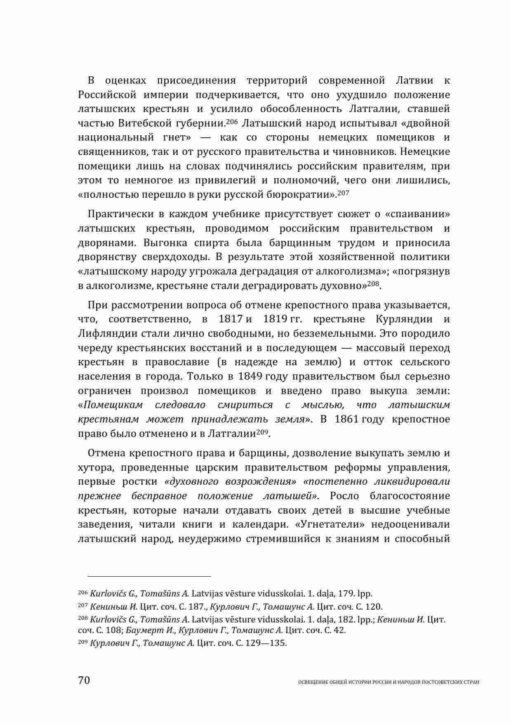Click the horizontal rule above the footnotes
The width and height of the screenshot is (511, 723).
coord(144,576)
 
